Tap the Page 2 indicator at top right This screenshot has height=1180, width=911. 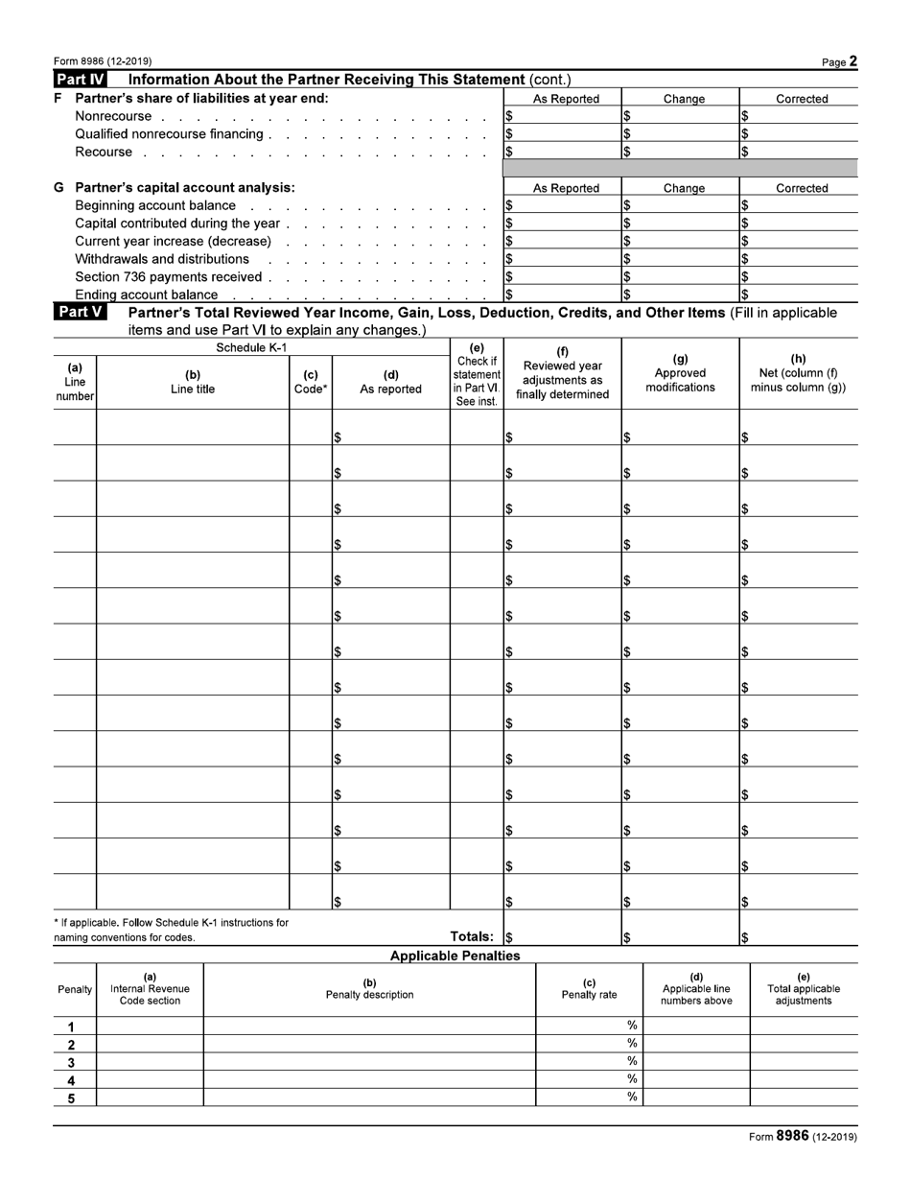(x=839, y=61)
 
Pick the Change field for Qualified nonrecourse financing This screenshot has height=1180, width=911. (x=683, y=134)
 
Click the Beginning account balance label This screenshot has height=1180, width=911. (x=155, y=205)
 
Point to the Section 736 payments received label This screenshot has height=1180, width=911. (x=169, y=276)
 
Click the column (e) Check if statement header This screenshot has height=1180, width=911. (x=477, y=374)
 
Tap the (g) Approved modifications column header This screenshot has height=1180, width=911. (x=680, y=373)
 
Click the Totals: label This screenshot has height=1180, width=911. (x=472, y=936)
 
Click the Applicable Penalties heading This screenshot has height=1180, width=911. (x=455, y=956)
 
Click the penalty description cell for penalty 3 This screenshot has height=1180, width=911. (x=369, y=1062)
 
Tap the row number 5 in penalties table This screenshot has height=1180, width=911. (x=71, y=1098)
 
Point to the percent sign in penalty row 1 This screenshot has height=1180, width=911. (x=632, y=1026)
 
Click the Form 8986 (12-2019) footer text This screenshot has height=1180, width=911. (x=803, y=1137)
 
